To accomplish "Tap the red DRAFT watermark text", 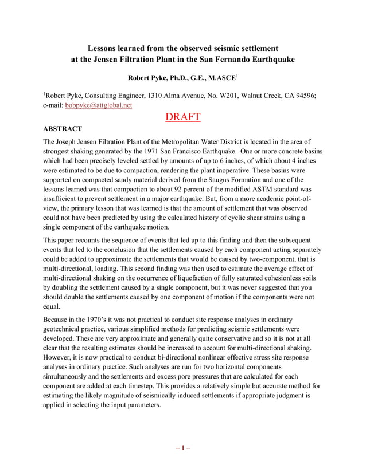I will (182, 117).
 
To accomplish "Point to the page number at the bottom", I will (182, 448).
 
